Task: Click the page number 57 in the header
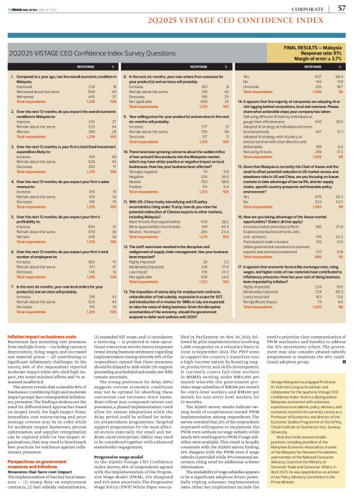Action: (342, 8)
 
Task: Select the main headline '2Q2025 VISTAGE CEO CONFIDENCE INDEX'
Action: (179, 22)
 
